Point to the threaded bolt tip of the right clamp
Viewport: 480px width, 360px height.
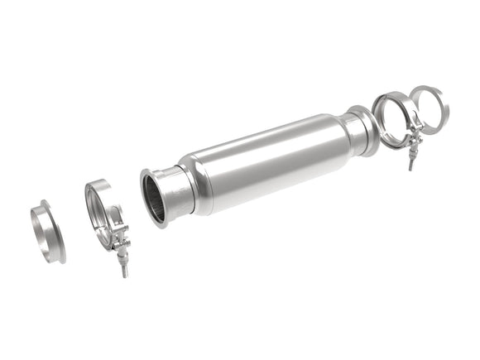pos(411,166)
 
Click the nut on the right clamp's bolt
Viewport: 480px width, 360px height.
pos(411,151)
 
